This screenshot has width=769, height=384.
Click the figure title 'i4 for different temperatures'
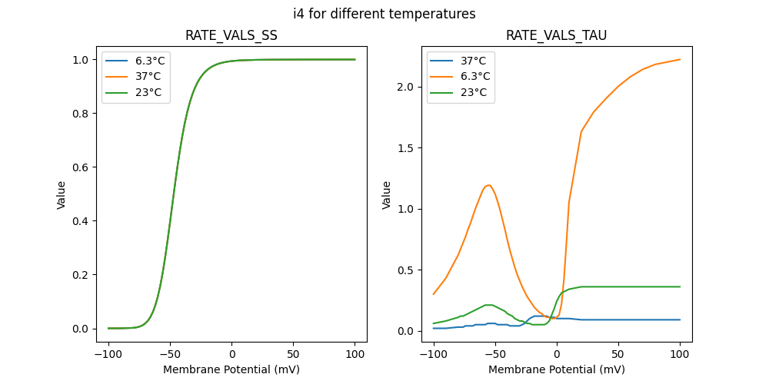pyautogui.click(x=384, y=14)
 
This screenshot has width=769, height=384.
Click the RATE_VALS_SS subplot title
pyautogui.click(x=231, y=36)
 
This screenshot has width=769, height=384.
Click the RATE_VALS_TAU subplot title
pyautogui.click(x=556, y=36)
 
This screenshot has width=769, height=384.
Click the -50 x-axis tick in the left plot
pyautogui.click(x=170, y=356)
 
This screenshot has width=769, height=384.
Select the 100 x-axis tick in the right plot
pyautogui.click(x=680, y=356)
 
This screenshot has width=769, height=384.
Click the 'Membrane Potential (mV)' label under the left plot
pyautogui.click(x=231, y=369)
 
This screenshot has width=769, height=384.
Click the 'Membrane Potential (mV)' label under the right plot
pyautogui.click(x=556, y=369)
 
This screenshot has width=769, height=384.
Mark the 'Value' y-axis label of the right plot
pyautogui.click(x=387, y=195)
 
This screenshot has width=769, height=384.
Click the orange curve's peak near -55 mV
pyautogui.click(x=488, y=185)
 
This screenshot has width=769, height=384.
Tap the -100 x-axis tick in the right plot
pyautogui.click(x=434, y=356)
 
